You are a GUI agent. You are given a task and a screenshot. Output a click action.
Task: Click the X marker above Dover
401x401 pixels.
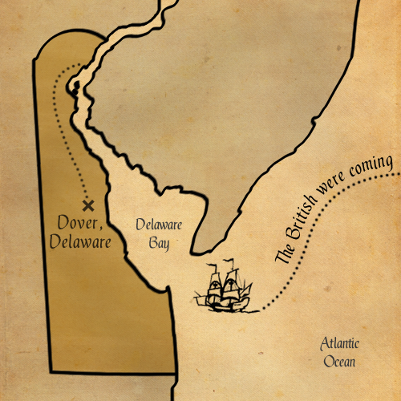coord(87,205)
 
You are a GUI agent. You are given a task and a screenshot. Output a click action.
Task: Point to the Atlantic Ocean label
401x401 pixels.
coord(340,353)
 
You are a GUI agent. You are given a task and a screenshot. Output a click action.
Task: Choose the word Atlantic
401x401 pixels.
coord(340,344)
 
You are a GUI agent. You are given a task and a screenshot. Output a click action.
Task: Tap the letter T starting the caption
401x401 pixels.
coord(280,257)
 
